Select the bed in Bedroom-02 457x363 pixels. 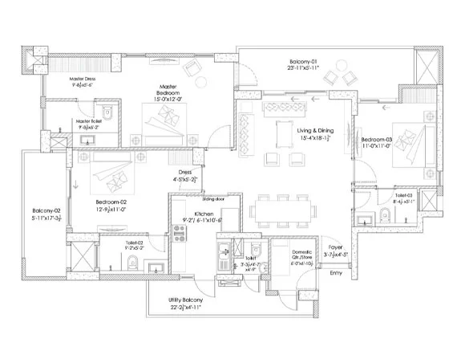[x=110, y=171]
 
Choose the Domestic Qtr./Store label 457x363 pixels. [x=284, y=255]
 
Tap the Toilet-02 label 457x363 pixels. [x=111, y=242]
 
